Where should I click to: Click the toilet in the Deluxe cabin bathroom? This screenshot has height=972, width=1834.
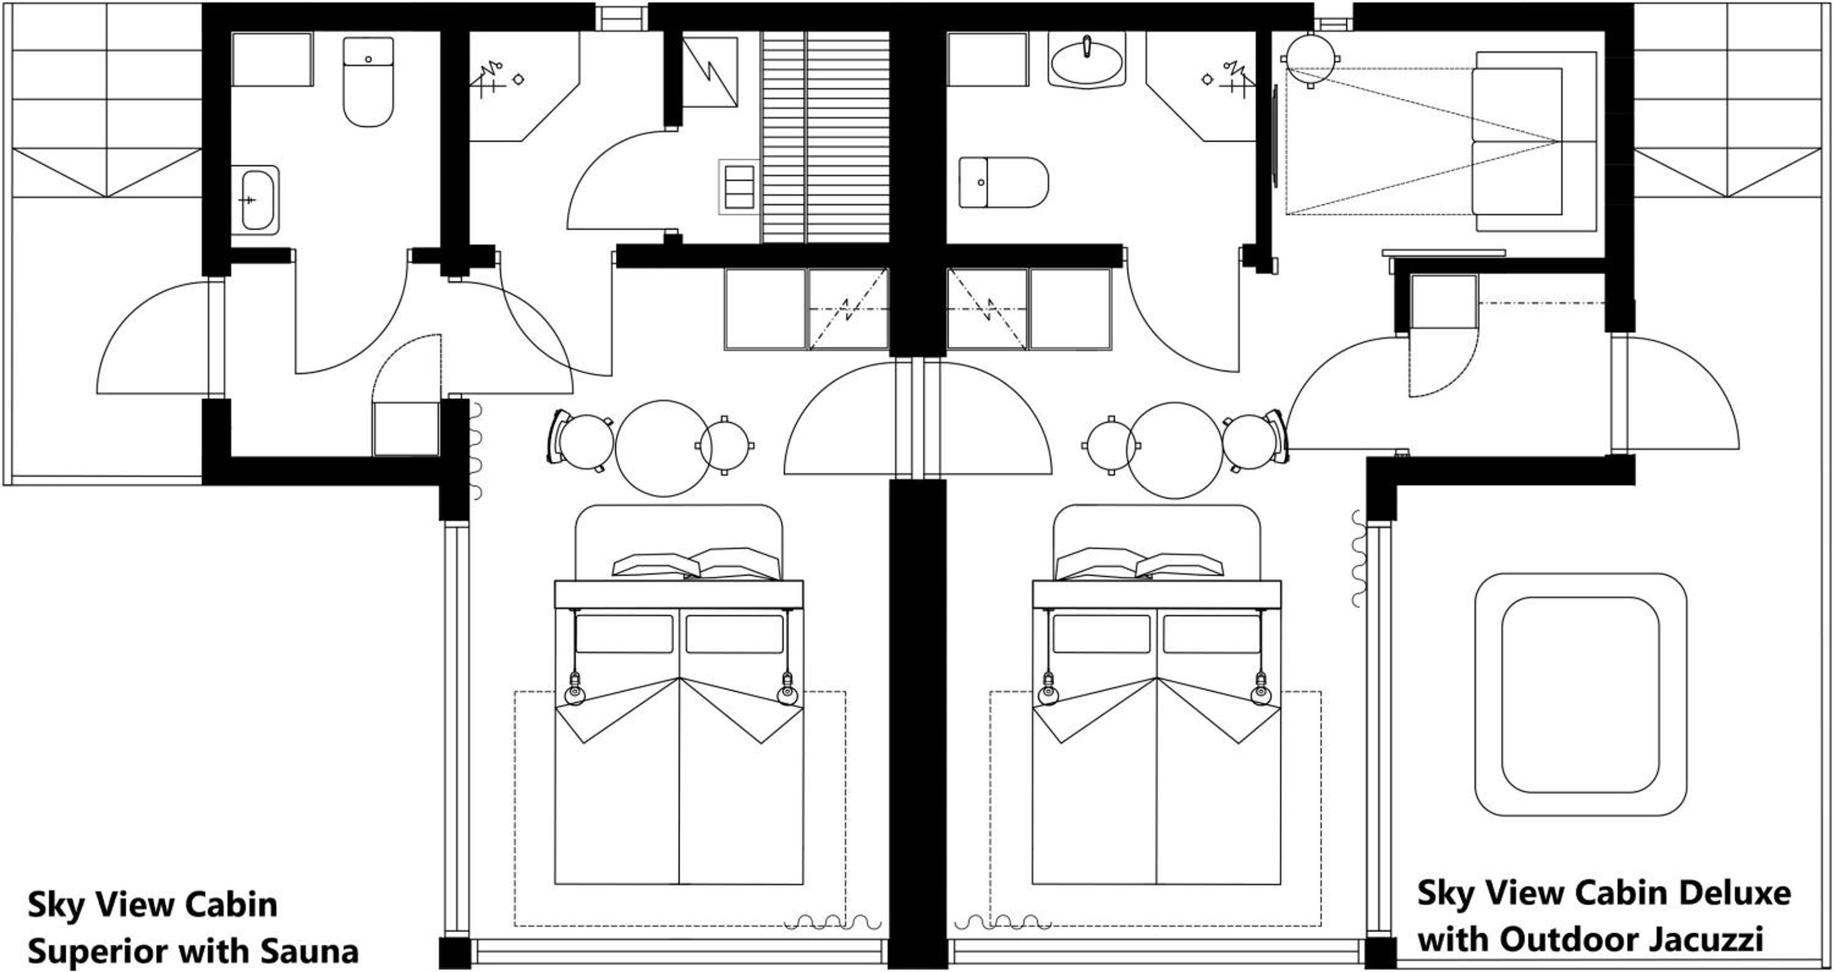point(1003,182)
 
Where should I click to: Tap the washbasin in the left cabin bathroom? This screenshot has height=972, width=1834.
point(255,200)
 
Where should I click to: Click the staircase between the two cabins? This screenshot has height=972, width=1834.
point(825,135)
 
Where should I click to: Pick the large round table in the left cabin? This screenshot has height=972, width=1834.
point(663,448)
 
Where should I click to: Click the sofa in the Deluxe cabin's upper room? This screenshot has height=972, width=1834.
point(1534,141)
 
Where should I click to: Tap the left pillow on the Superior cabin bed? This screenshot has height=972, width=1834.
point(655,565)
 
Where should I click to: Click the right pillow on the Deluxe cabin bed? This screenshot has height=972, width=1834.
point(1179,565)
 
